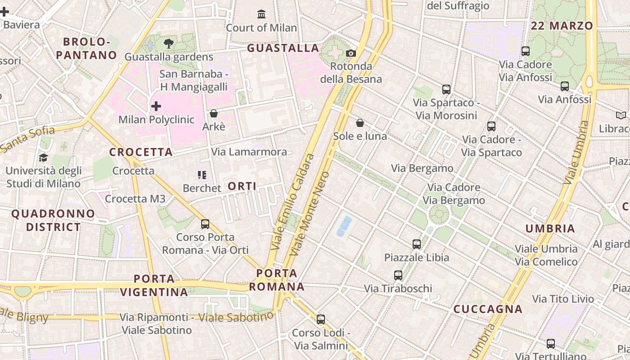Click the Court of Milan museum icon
point(261,14)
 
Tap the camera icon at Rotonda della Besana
point(351,53)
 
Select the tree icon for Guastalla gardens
point(169,44)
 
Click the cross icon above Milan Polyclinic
point(156,106)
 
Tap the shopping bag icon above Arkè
point(214,113)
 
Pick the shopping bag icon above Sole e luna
point(360,123)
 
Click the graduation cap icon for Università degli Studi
point(43,157)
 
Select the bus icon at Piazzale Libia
point(417,244)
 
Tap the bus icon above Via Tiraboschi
point(398,275)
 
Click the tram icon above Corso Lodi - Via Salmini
point(320,319)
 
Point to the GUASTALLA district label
point(283,48)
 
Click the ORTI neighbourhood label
point(242,186)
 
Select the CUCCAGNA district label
point(488,309)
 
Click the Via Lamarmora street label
point(249,152)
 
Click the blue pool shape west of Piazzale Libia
point(344,226)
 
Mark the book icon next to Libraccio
point(621,115)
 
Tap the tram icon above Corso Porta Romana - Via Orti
point(205,224)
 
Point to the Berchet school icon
point(202,175)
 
